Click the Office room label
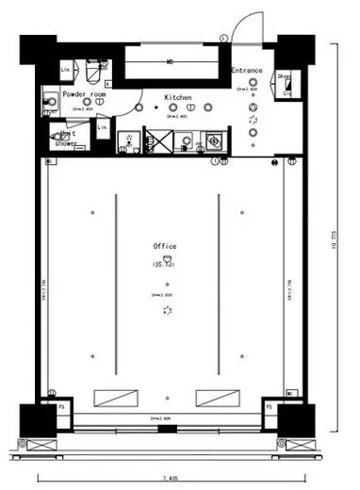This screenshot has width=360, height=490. [x=166, y=246]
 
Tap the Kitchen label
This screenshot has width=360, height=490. [x=178, y=98]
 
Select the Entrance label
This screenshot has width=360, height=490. [x=248, y=71]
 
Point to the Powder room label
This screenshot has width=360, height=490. [x=85, y=95]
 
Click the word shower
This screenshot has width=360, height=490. [x=66, y=143]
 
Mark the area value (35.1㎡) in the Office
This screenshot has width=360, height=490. [x=166, y=267]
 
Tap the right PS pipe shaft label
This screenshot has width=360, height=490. [x=269, y=407]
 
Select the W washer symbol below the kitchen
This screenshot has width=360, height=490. [x=127, y=144]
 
